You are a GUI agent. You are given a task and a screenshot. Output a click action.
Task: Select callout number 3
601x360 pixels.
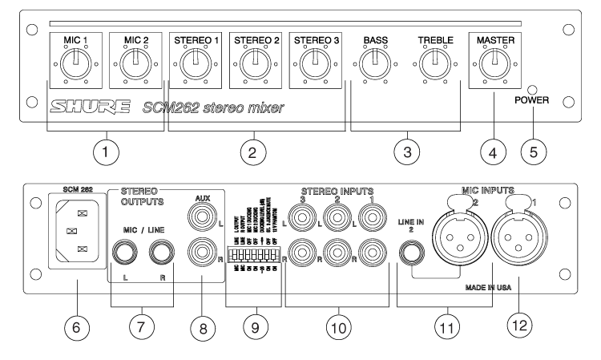(x=410, y=151)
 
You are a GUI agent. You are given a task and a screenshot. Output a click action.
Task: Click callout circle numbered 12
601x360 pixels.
(x=523, y=328)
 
